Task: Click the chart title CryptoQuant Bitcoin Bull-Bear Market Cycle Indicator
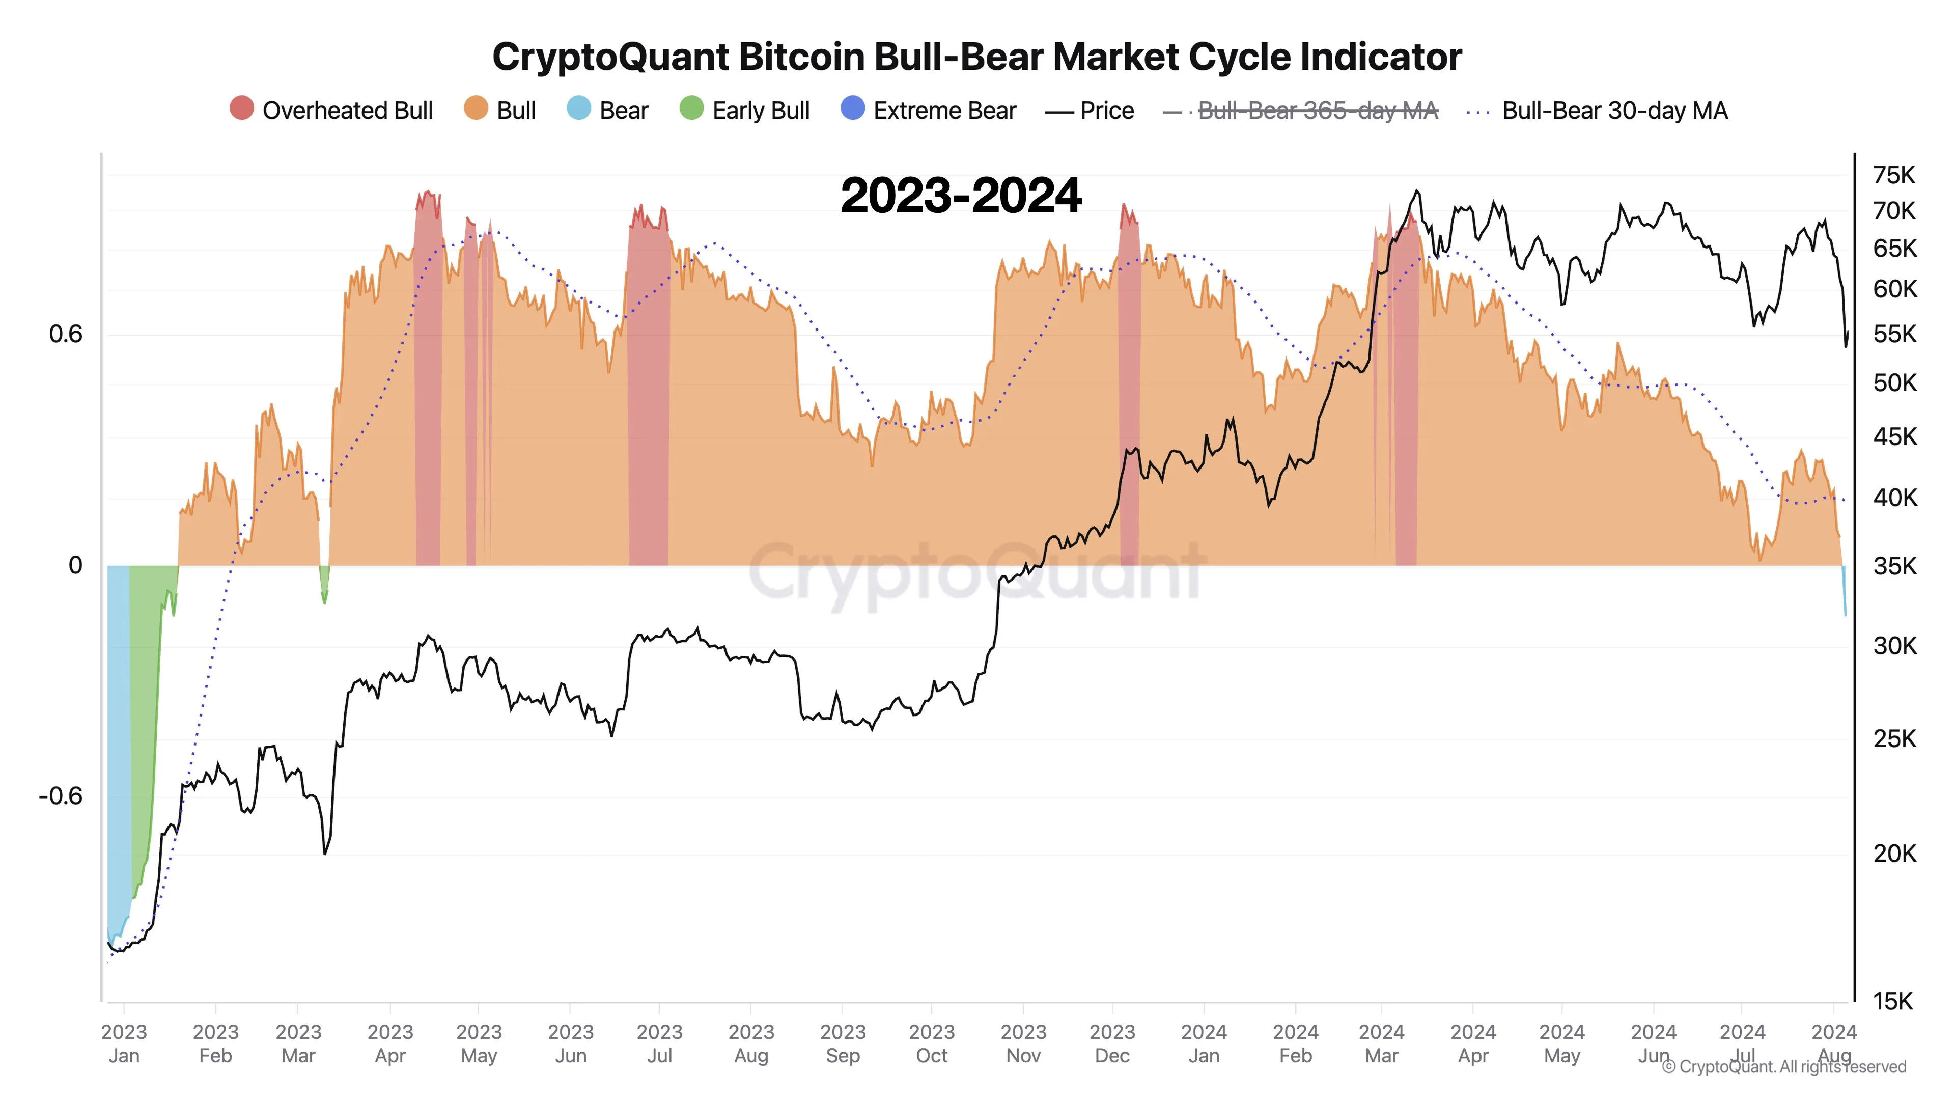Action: [977, 57]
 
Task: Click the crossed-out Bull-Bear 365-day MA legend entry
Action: [1301, 111]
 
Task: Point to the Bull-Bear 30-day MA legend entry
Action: [1598, 111]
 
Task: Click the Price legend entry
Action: [1090, 111]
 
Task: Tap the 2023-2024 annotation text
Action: [960, 196]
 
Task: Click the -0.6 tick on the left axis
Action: [61, 795]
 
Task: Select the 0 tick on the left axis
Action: [75, 566]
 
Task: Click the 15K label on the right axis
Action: [1892, 1001]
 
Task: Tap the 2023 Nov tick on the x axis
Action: [1023, 1043]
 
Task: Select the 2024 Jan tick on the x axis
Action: [1204, 1043]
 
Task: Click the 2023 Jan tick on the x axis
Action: [124, 1043]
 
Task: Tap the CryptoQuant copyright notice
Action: [1783, 1066]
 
